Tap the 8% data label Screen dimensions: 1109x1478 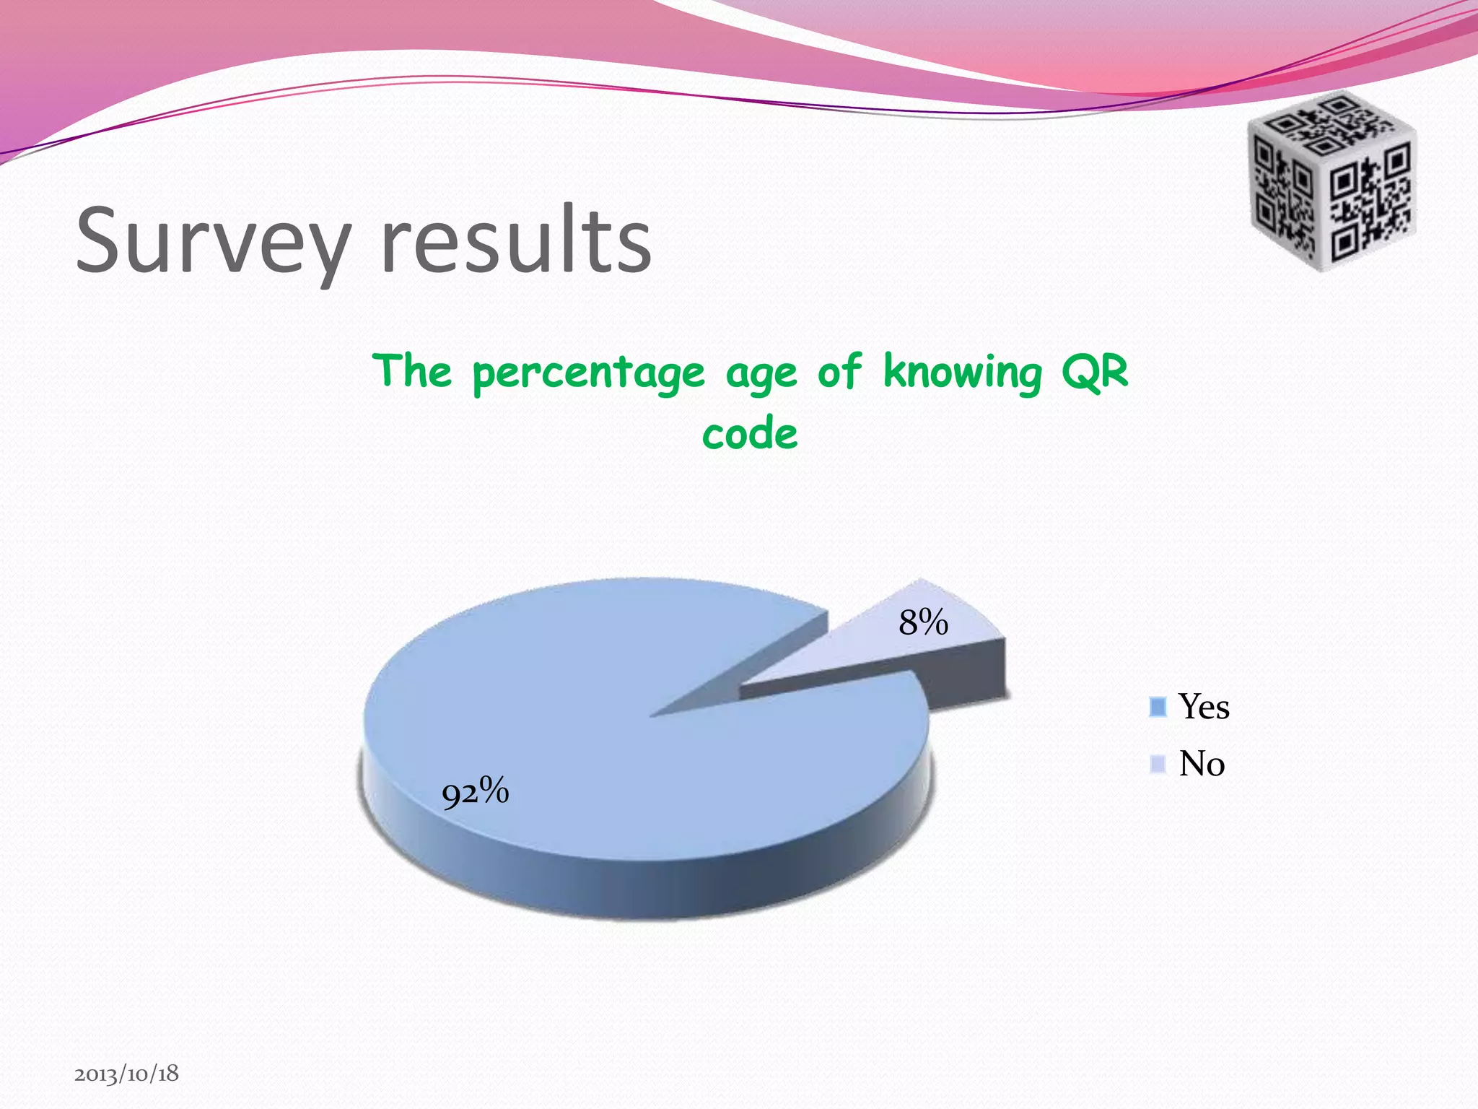click(923, 622)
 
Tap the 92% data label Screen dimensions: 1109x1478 click(475, 792)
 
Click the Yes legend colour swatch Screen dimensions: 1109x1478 click(1158, 707)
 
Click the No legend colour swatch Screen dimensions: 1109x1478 click(1158, 764)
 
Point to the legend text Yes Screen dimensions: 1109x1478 click(1204, 706)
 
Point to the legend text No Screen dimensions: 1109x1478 click(1202, 763)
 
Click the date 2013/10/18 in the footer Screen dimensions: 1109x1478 click(126, 1074)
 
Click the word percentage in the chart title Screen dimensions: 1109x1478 click(588, 373)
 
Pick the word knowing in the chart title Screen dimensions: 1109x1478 click(963, 373)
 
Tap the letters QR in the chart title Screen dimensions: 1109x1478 click(1094, 373)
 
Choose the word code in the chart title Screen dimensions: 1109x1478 click(750, 434)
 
